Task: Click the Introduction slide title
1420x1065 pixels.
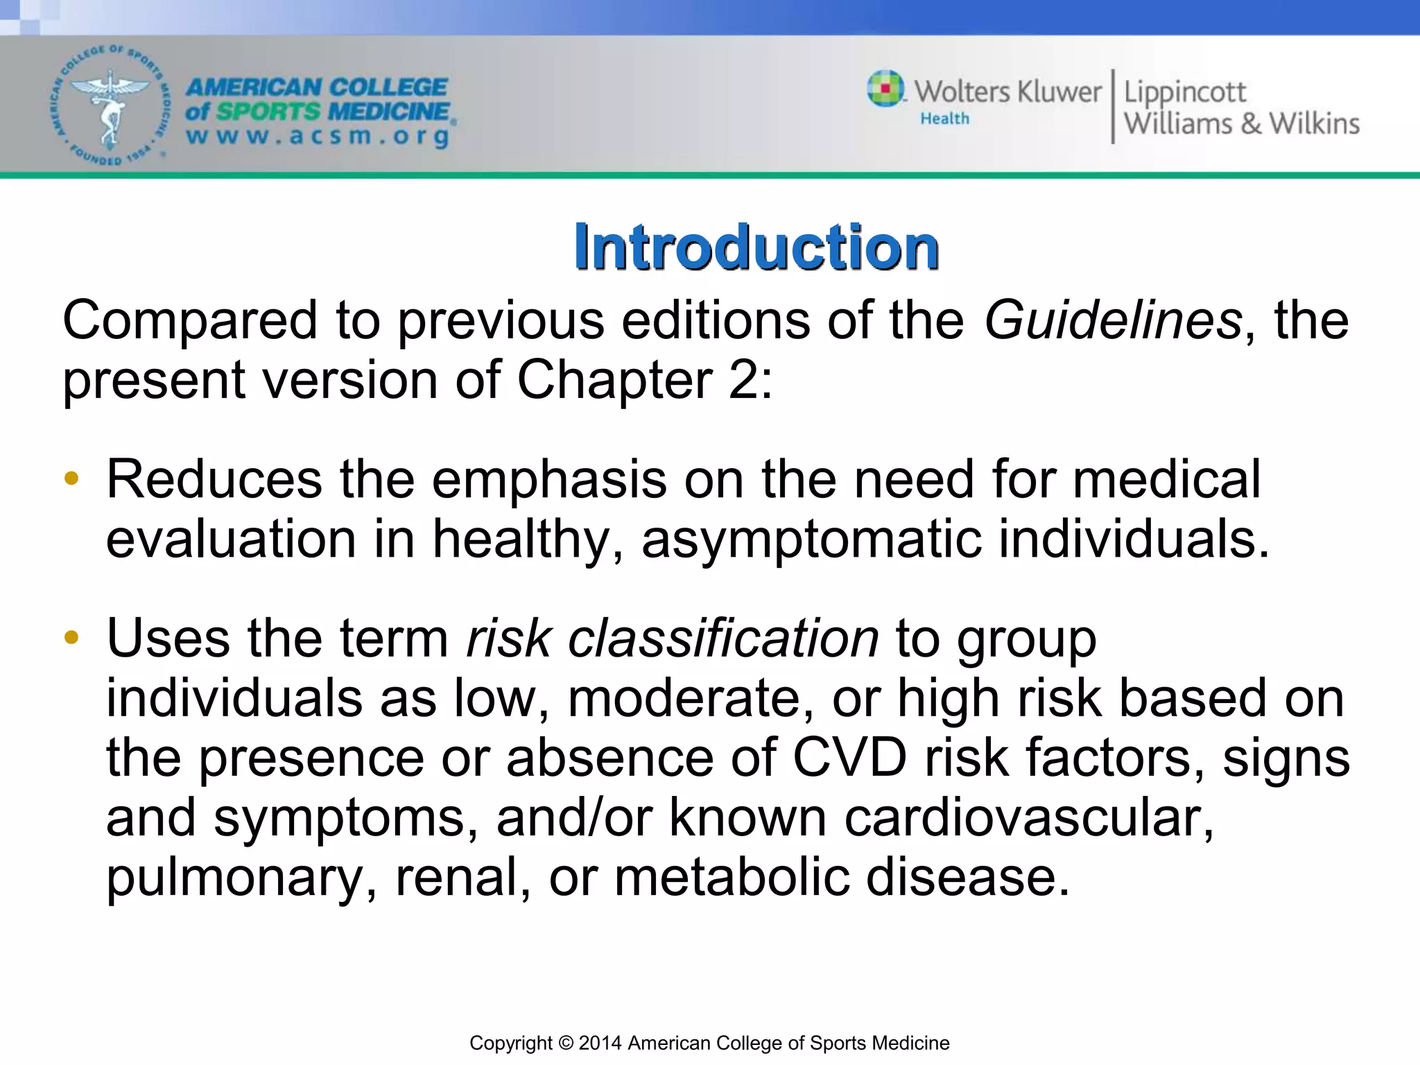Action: (x=756, y=248)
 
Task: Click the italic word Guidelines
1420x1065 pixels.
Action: (x=1113, y=320)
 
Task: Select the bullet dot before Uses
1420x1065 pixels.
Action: (x=71, y=637)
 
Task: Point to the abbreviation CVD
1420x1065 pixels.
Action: (x=849, y=758)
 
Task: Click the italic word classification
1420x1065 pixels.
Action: (x=723, y=639)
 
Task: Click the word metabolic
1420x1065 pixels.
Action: (x=731, y=877)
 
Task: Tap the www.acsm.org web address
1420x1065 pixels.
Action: (x=318, y=136)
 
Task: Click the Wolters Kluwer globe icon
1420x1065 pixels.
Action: (x=885, y=89)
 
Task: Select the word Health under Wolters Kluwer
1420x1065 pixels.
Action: (x=944, y=119)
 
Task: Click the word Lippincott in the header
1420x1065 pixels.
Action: (x=1184, y=93)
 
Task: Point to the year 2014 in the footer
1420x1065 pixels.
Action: (x=600, y=1043)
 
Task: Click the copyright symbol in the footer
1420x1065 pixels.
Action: (x=566, y=1043)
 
